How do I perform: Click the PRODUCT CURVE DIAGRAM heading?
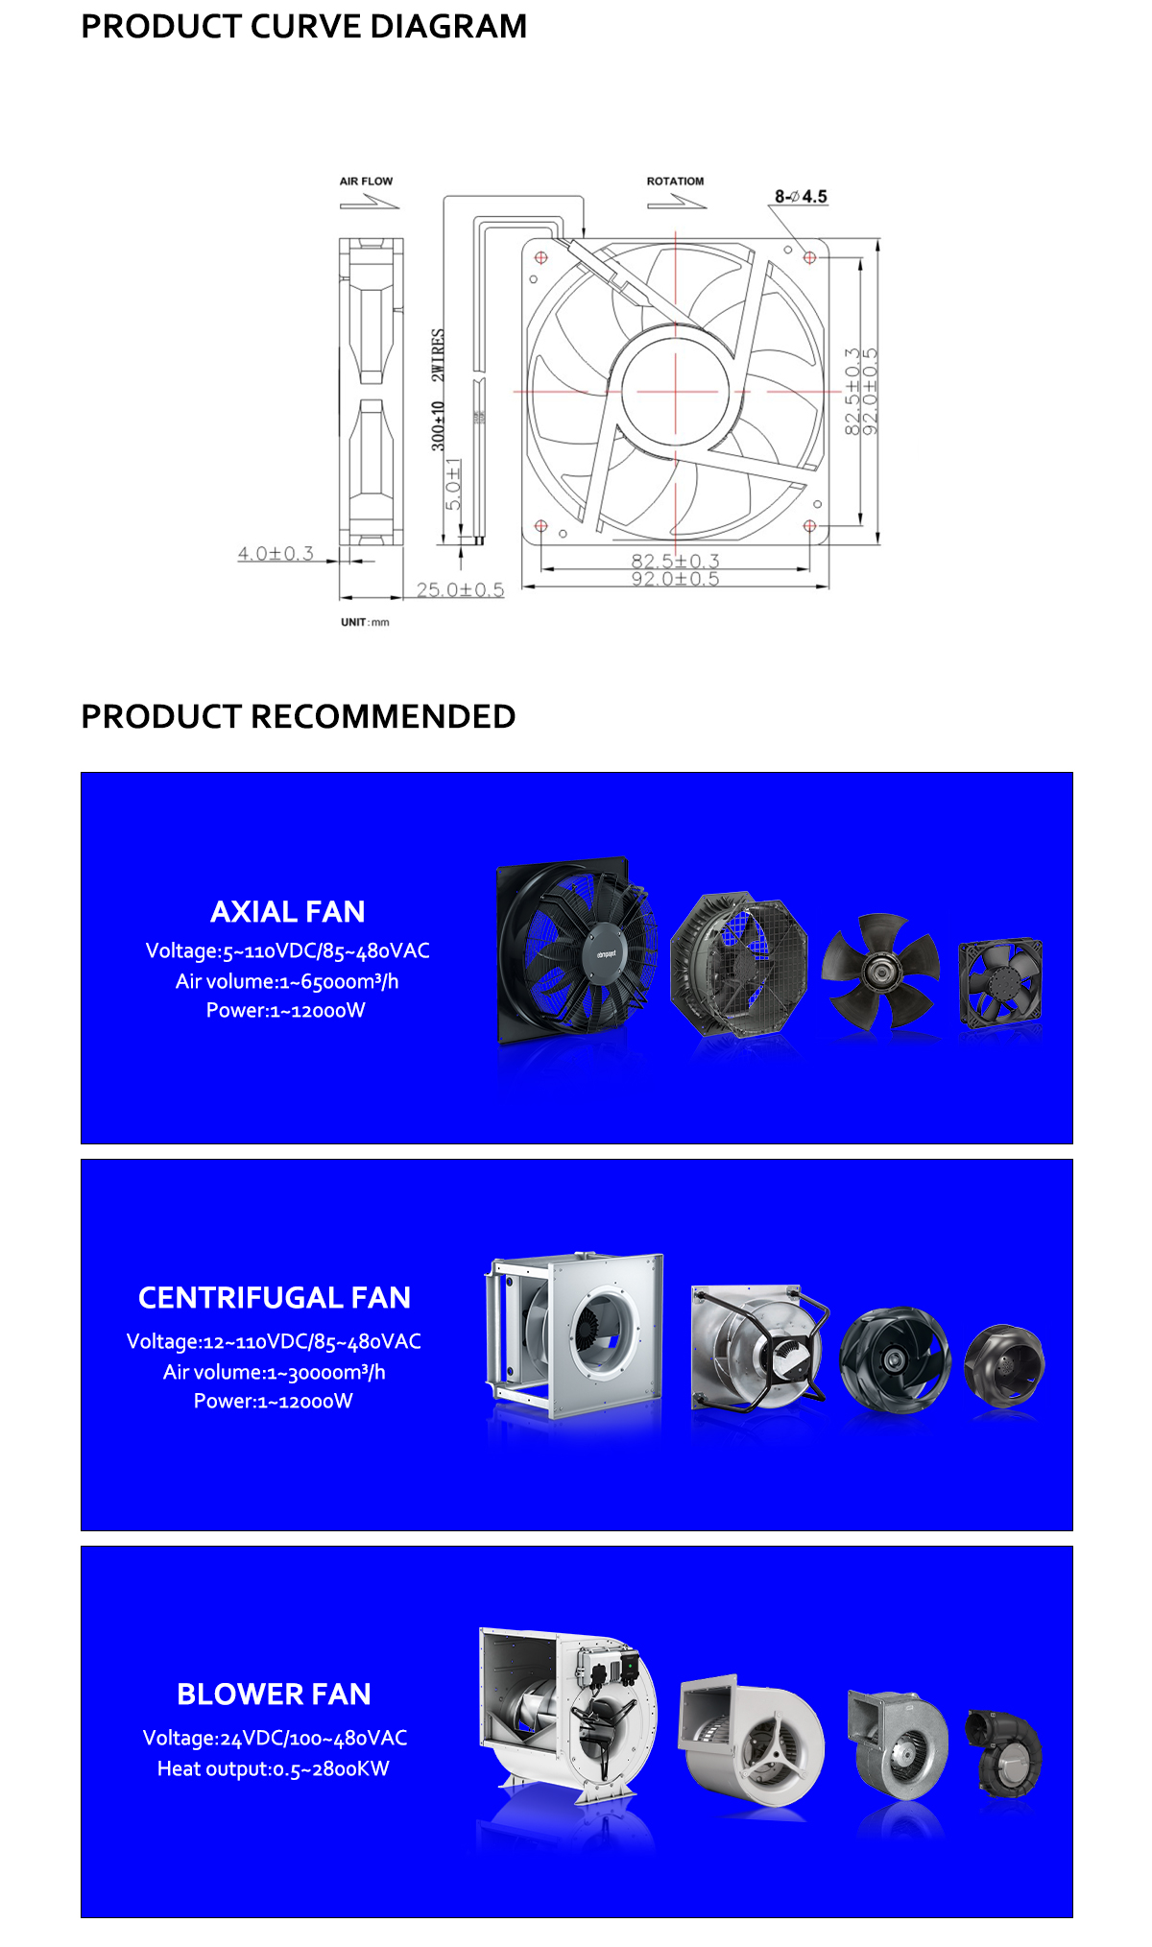[303, 27]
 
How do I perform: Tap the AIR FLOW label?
[366, 181]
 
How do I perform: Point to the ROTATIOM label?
[675, 181]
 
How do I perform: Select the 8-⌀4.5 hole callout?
[801, 197]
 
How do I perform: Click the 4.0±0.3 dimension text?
[276, 554]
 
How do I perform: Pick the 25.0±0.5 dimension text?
[460, 589]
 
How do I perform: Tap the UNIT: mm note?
[365, 622]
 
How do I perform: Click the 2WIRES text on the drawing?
[438, 355]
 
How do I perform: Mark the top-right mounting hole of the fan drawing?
[809, 257]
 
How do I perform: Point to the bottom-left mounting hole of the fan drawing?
[540, 526]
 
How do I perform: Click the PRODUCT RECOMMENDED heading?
[298, 716]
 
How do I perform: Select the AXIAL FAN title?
[288, 911]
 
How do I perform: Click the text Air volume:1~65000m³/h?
[287, 981]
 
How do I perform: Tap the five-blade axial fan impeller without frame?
[879, 971]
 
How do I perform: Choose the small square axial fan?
[1000, 981]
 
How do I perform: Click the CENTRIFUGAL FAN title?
[275, 1298]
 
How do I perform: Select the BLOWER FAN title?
[274, 1695]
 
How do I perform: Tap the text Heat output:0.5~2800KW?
[274, 1768]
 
